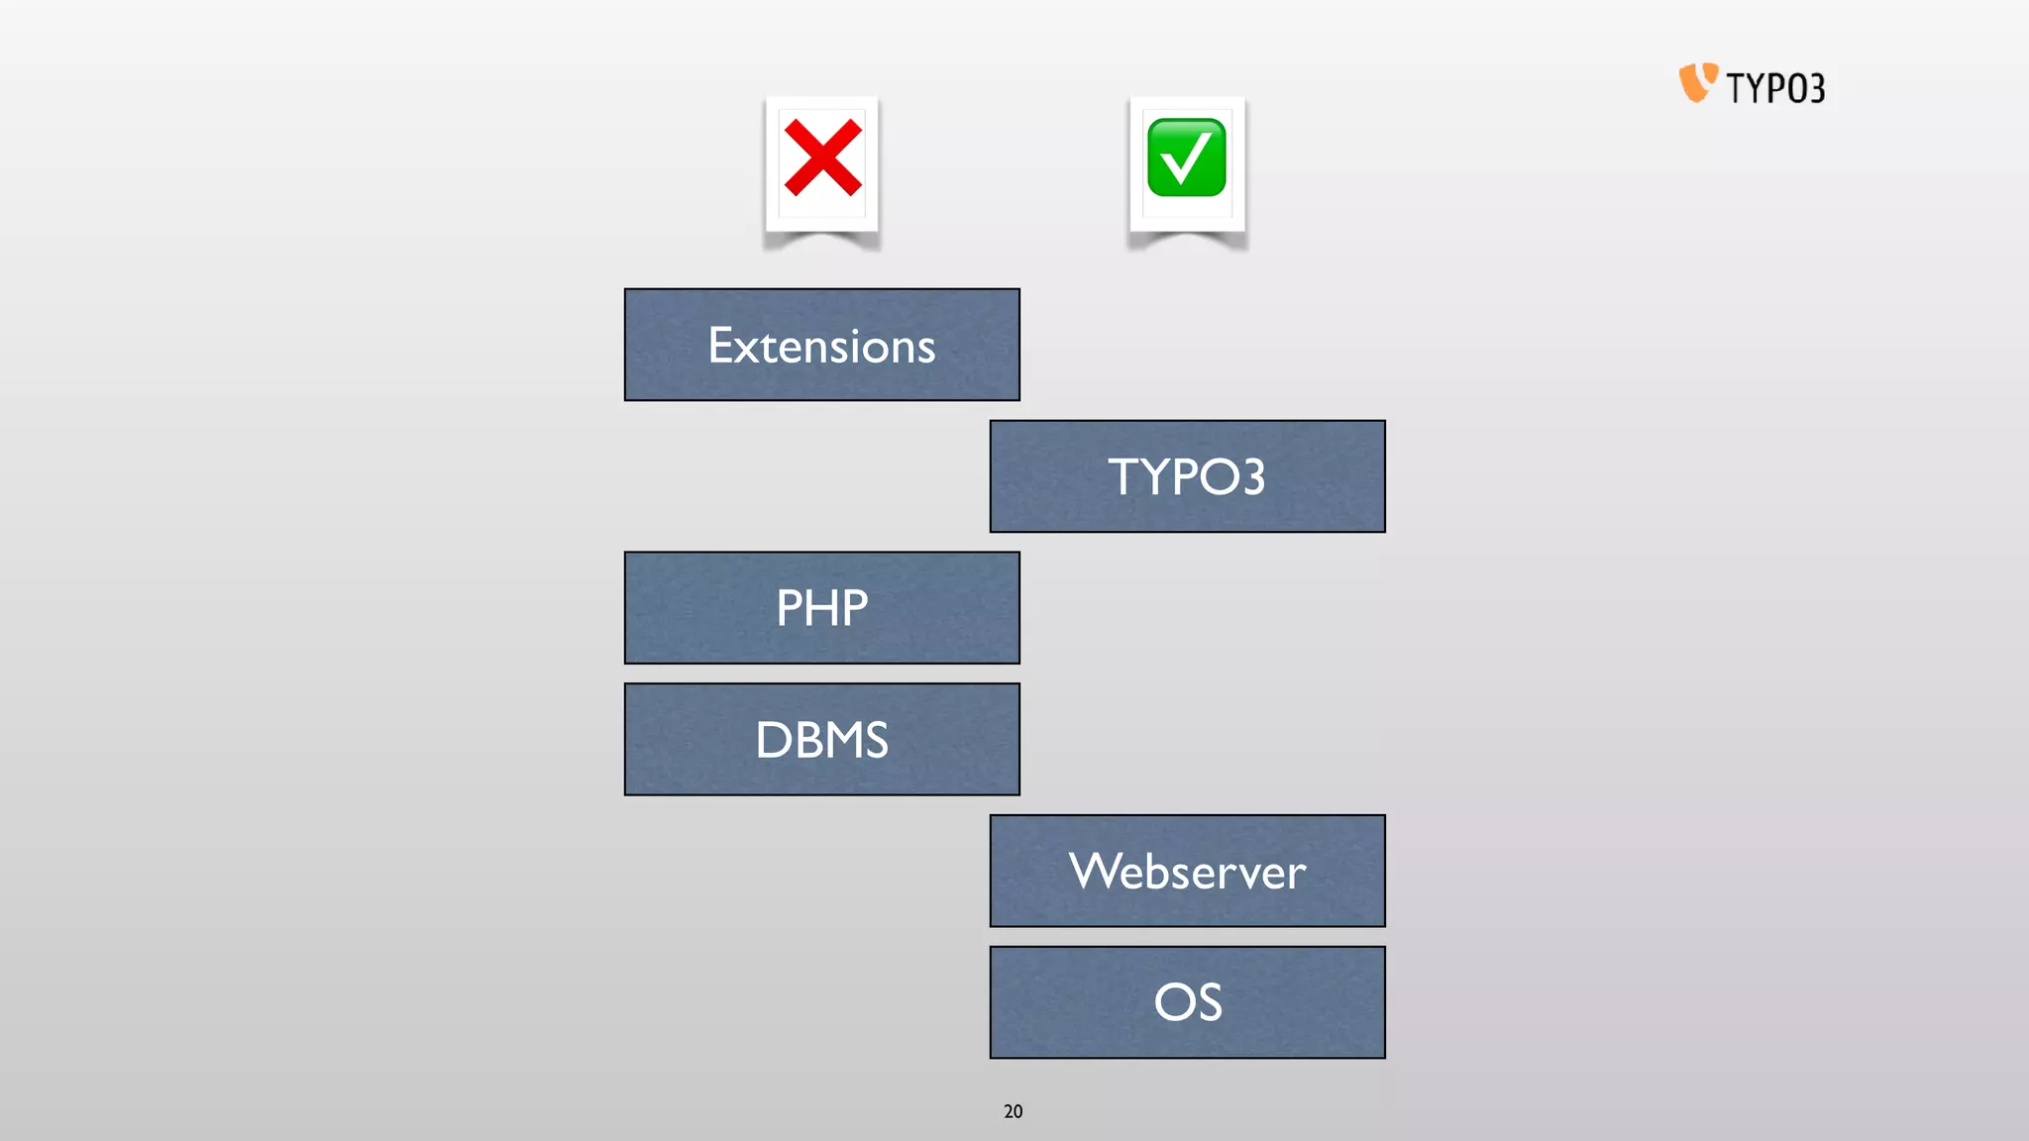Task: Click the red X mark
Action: pyautogui.click(x=822, y=157)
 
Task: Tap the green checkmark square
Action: pyautogui.click(x=1186, y=157)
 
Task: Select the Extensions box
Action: pyautogui.click(x=821, y=345)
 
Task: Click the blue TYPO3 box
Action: pyautogui.click(x=1187, y=476)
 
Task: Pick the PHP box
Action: pyautogui.click(x=821, y=608)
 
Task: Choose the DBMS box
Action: pyautogui.click(x=821, y=739)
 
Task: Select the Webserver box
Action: pyautogui.click(x=1187, y=871)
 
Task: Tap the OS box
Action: pyautogui.click(x=1187, y=1002)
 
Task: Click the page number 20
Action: pyautogui.click(x=1013, y=1111)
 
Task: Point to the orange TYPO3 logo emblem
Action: pyautogui.click(x=1697, y=83)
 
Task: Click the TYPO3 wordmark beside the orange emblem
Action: pyautogui.click(x=1775, y=88)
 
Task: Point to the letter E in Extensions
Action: pyautogui.click(x=721, y=346)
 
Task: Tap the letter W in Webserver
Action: pyautogui.click(x=1096, y=872)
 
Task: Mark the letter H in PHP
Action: pyautogui.click(x=822, y=608)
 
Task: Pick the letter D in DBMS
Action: pyautogui.click(x=772, y=740)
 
